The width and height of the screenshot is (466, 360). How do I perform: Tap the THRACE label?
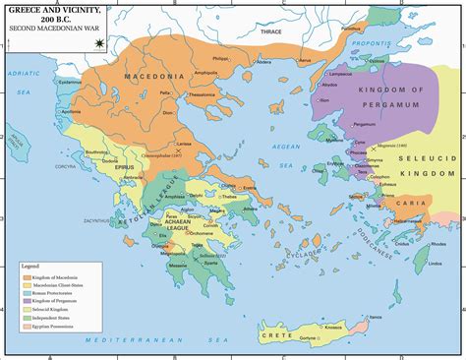coord(269,32)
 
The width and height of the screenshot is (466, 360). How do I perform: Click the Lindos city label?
coord(422,265)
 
